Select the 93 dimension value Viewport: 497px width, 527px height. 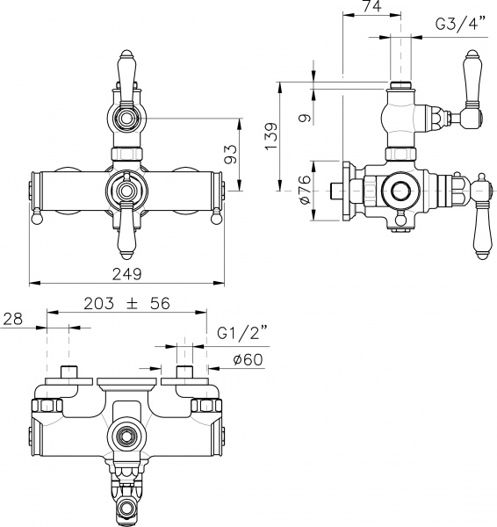click(x=231, y=155)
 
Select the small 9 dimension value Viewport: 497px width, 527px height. click(x=303, y=116)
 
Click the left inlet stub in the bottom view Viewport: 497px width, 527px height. click(x=69, y=372)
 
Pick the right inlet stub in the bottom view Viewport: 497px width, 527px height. click(x=184, y=372)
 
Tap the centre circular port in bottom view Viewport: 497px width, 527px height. click(x=126, y=434)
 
